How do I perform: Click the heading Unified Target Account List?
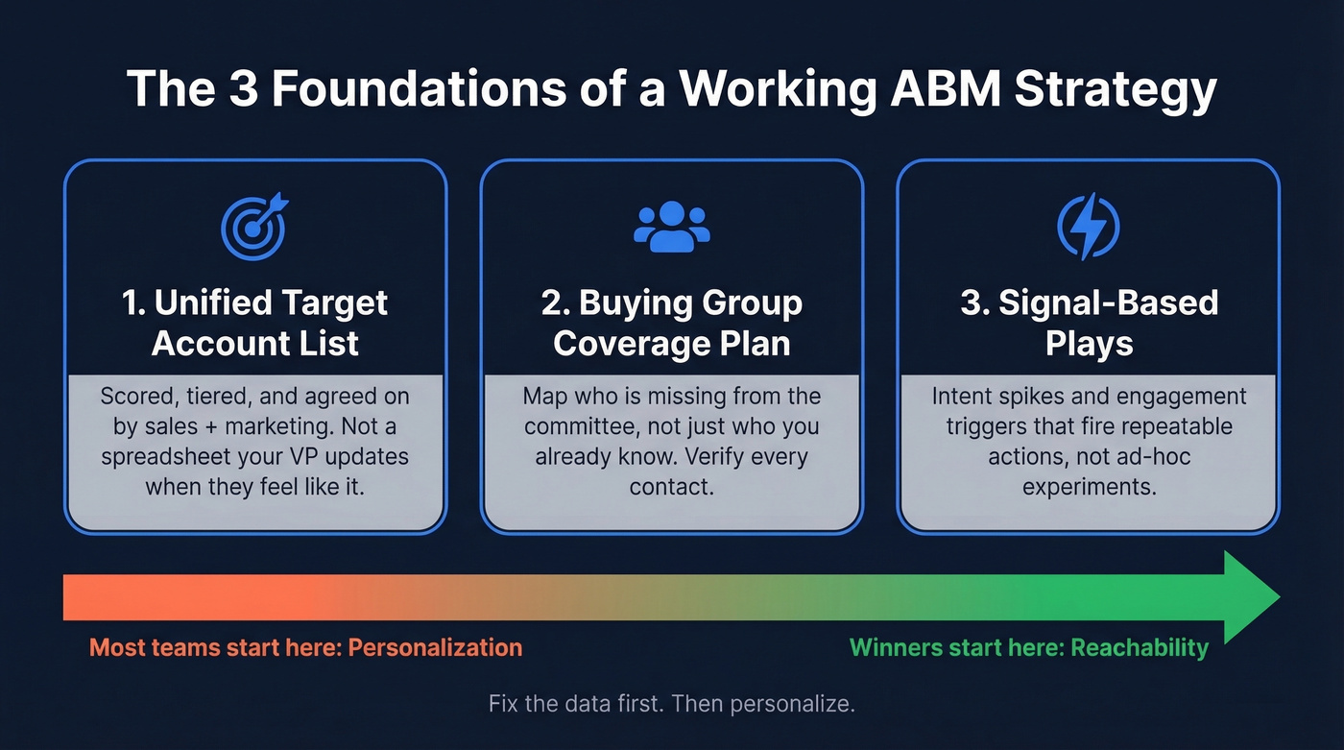[254, 323]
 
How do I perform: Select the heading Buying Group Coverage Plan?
[671, 323]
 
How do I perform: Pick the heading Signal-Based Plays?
[1089, 323]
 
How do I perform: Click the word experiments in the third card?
[1088, 486]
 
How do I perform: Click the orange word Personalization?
[435, 647]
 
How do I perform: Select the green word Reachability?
[1140, 647]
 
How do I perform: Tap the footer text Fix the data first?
[575, 703]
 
